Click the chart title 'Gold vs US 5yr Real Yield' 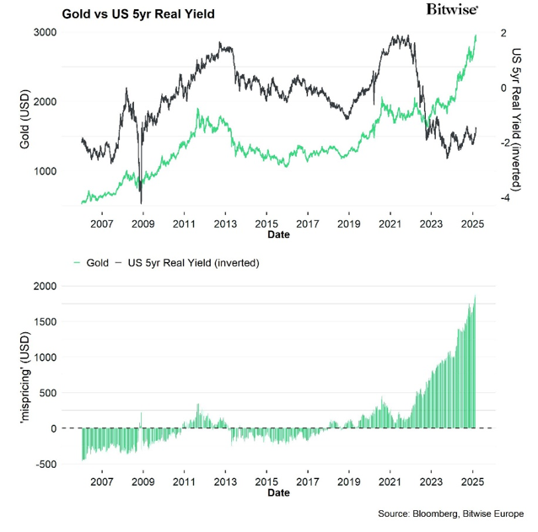pyautogui.click(x=143, y=14)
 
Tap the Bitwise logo pyautogui.click(x=454, y=9)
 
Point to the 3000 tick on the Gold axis pyautogui.click(x=44, y=32)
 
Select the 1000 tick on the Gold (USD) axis pyautogui.click(x=44, y=171)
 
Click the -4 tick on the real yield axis pyautogui.click(x=503, y=198)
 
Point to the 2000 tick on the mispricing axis pyautogui.click(x=44, y=287)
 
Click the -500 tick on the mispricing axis pyautogui.click(x=46, y=465)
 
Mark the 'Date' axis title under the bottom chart pyautogui.click(x=278, y=492)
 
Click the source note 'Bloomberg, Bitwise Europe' pyautogui.click(x=450, y=513)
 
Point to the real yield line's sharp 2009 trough pyautogui.click(x=141, y=202)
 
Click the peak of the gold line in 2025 pyautogui.click(x=476, y=36)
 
